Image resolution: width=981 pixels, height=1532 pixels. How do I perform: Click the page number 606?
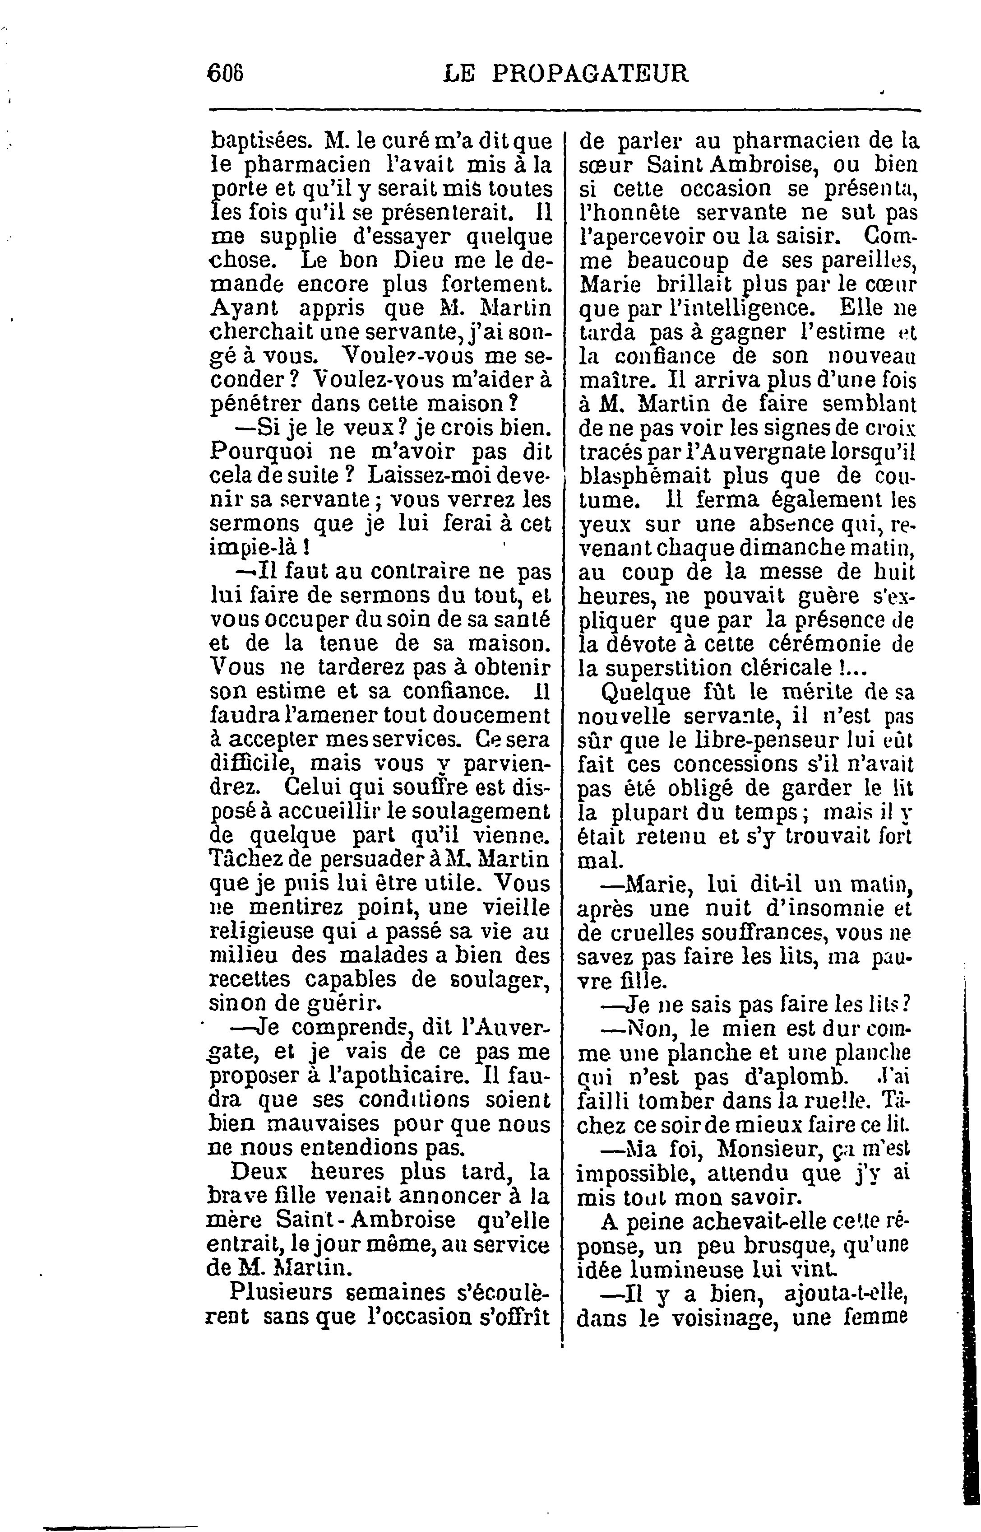coord(226,73)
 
